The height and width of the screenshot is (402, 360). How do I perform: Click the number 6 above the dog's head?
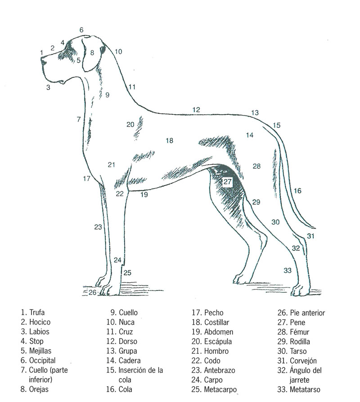point(81,30)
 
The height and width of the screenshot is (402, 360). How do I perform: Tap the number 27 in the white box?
point(227,182)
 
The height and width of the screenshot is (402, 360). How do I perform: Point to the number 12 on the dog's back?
point(196,110)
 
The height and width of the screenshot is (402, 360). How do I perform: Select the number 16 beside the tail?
point(297,191)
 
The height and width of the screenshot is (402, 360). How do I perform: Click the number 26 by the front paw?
point(92,292)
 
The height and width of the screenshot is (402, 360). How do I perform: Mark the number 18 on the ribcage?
point(169,140)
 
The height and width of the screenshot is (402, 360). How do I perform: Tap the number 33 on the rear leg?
point(288,270)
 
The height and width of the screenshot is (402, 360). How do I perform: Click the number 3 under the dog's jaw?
point(48,87)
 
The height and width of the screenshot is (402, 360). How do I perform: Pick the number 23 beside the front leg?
point(98,227)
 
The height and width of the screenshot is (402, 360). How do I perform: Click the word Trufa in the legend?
point(37,313)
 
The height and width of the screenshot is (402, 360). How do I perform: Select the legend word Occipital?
point(42,361)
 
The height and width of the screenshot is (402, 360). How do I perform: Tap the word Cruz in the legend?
point(126,332)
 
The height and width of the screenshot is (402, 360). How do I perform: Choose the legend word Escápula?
point(218,341)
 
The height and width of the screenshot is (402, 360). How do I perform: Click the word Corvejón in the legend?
point(303,361)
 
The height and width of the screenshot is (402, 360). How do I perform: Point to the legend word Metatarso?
point(305,389)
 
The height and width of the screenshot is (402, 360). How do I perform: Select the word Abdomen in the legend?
point(219,332)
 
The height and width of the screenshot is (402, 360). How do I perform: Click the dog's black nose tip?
point(43,61)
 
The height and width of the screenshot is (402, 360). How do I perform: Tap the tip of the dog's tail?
point(314,228)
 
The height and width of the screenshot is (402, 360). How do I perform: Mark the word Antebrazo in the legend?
point(220,370)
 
